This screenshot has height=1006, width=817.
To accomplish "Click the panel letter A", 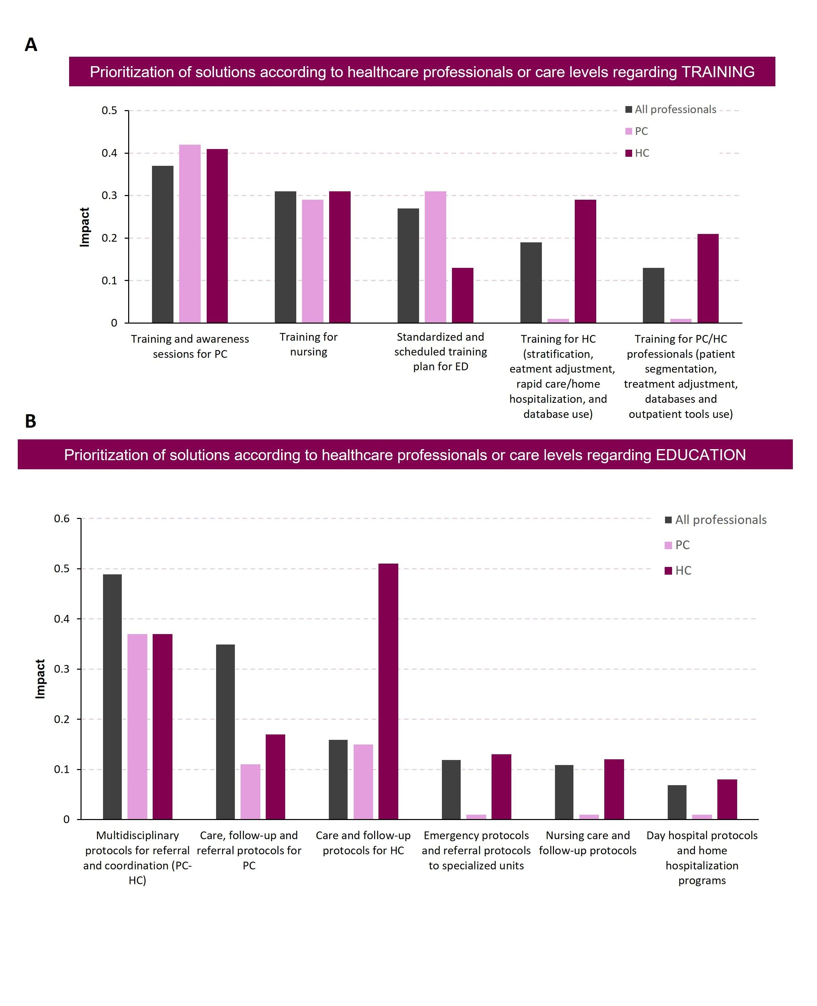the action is click(31, 45).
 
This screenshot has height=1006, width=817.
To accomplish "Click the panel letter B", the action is click(31, 421).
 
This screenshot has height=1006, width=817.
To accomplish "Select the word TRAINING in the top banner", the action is click(718, 72).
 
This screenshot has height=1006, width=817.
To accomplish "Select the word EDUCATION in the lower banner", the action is click(701, 455).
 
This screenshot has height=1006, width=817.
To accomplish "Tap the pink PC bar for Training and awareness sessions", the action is click(190, 234).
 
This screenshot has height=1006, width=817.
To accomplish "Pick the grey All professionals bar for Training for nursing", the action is click(286, 257).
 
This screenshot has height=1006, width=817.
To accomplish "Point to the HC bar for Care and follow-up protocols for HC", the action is click(388, 691).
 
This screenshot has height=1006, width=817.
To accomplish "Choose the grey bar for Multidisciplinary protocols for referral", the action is click(112, 697).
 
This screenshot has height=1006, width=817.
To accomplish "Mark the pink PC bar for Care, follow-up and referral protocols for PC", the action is click(250, 792).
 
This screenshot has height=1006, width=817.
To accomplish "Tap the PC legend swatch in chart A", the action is click(629, 131).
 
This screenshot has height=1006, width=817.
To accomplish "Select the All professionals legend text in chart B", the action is click(721, 520).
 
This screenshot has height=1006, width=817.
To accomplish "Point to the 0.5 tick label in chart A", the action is click(110, 111).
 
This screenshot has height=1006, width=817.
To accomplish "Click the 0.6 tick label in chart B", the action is click(62, 519).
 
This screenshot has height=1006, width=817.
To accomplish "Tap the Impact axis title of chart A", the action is click(84, 227).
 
